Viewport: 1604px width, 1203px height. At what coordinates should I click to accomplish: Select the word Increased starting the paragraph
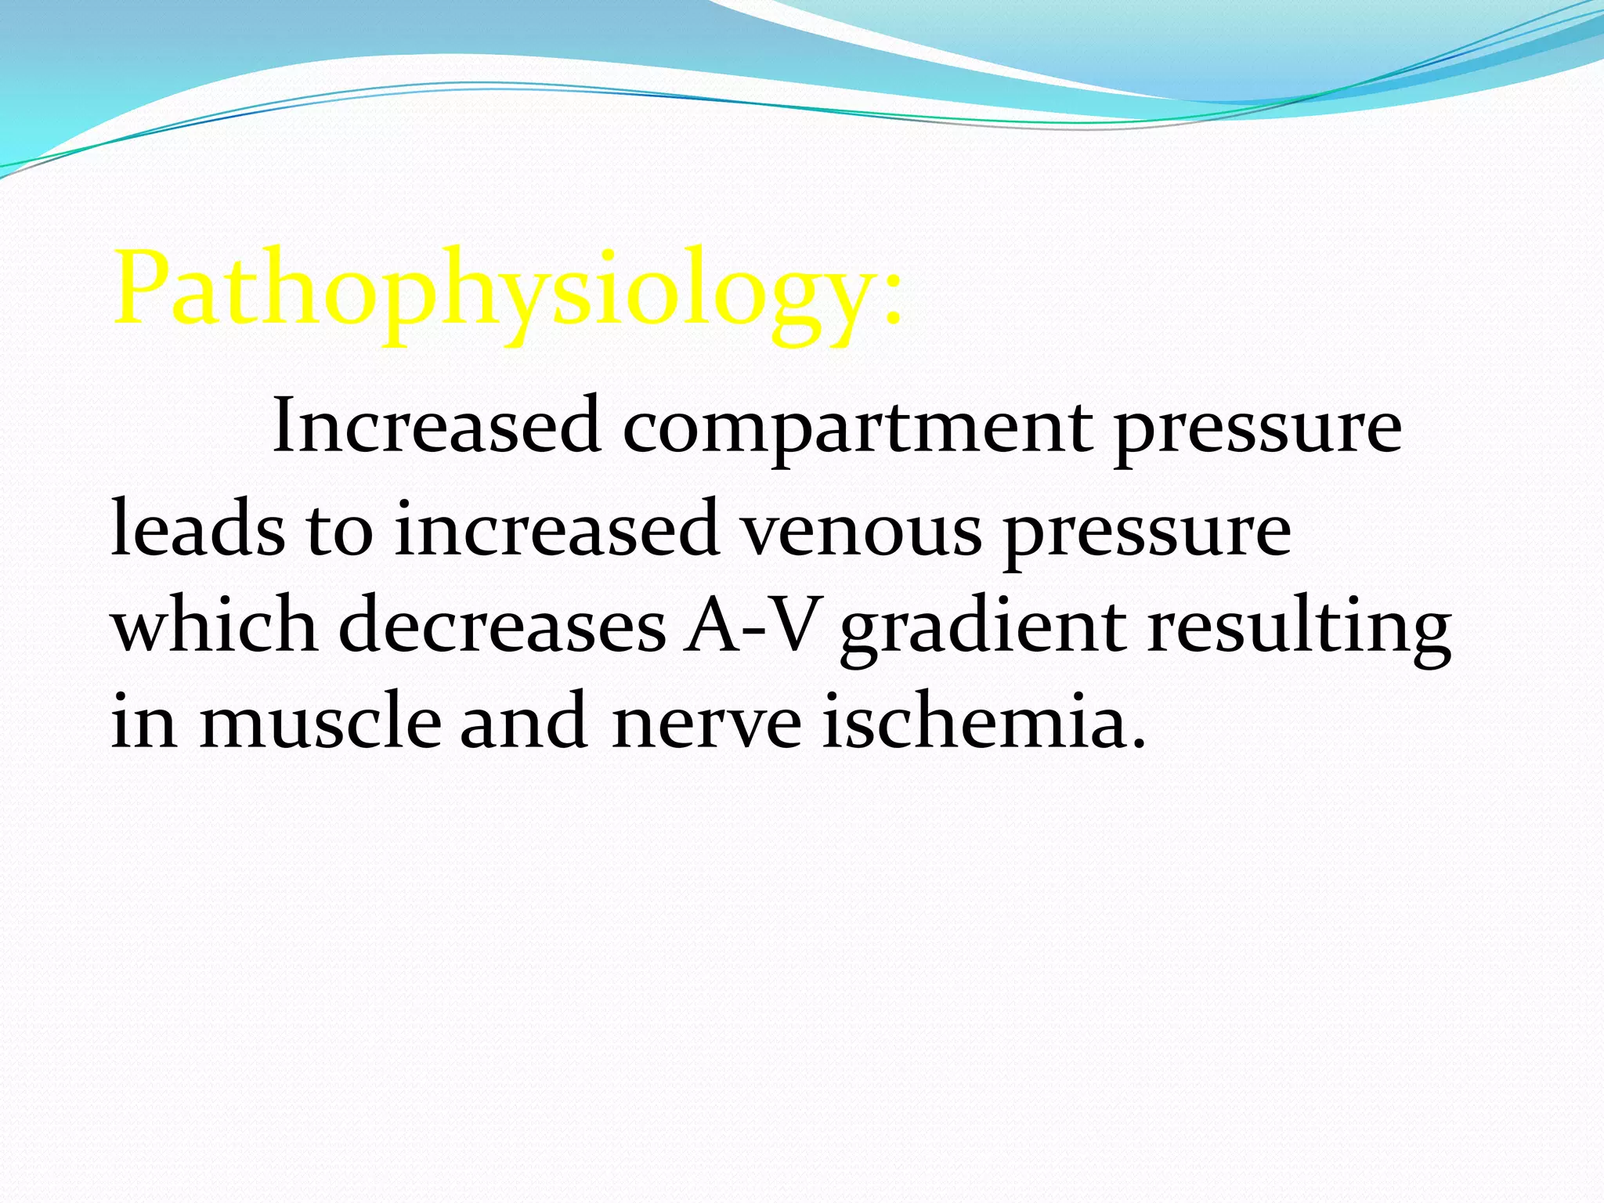[436, 426]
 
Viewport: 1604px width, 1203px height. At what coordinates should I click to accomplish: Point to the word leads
[197, 529]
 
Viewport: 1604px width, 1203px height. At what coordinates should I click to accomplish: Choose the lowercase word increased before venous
[556, 529]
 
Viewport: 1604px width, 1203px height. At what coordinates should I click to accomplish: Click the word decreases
[502, 626]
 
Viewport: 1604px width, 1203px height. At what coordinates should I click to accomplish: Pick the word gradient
[983, 630]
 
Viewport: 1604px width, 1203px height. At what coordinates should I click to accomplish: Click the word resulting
[1299, 630]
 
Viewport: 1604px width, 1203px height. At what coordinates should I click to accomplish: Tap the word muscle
[320, 721]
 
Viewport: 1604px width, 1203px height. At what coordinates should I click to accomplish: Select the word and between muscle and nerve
[523, 721]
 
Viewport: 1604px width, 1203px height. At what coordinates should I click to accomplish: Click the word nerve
[706, 724]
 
